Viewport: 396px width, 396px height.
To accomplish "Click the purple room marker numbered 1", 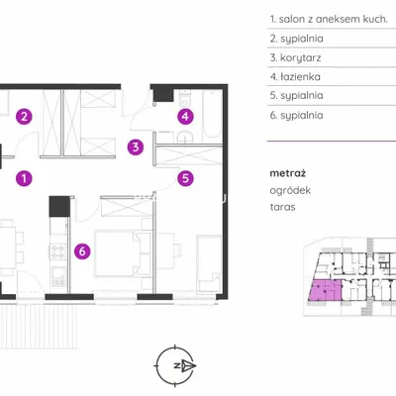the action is pyautogui.click(x=24, y=178).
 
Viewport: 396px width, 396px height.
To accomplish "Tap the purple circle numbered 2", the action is pyautogui.click(x=24, y=116).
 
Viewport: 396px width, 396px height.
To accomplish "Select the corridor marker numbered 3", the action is pyautogui.click(x=136, y=148).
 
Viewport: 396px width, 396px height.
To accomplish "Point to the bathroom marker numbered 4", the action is pyautogui.click(x=185, y=116).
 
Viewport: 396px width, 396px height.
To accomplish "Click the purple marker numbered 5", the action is pyautogui.click(x=185, y=178).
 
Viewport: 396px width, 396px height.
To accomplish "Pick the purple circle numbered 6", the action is pyautogui.click(x=82, y=251).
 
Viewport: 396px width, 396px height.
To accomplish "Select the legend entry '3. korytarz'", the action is pyautogui.click(x=295, y=57).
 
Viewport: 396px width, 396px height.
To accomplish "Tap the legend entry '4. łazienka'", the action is pyautogui.click(x=295, y=77).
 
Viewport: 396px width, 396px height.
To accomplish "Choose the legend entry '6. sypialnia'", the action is pyautogui.click(x=296, y=116).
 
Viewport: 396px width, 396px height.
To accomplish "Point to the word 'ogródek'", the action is pyautogui.click(x=290, y=191).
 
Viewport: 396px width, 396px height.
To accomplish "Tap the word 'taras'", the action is pyautogui.click(x=282, y=207).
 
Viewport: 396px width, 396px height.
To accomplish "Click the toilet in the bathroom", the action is pyautogui.click(x=184, y=97).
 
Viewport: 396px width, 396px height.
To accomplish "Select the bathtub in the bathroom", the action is pyautogui.click(x=212, y=114).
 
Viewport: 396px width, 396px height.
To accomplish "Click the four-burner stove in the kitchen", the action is pyautogui.click(x=57, y=251).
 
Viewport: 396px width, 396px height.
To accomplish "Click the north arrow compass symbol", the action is pyautogui.click(x=175, y=365).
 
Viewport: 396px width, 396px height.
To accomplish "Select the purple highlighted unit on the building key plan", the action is pyautogui.click(x=326, y=290).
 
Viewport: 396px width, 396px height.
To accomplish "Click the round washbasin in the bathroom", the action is pyautogui.click(x=185, y=136).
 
